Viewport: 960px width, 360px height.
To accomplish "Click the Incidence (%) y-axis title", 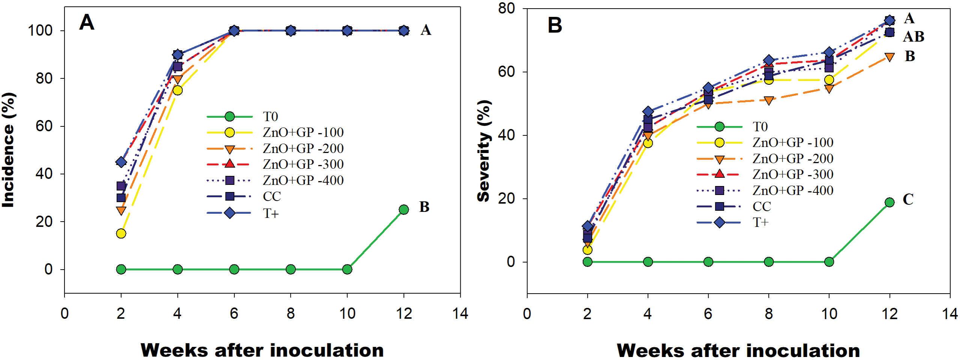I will (8, 150).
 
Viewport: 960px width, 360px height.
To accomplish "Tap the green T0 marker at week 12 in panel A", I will (404, 210).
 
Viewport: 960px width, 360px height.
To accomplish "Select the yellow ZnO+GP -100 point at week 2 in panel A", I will (121, 234).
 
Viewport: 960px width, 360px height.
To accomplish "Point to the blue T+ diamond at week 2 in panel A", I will (121, 162).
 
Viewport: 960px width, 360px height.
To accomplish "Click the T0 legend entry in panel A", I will (270, 117).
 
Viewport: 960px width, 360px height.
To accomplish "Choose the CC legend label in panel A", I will (272, 196).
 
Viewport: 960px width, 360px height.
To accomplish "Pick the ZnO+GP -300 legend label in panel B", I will (793, 174).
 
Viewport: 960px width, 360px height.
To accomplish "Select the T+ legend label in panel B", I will (760, 222).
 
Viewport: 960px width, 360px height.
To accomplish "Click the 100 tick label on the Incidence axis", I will (41, 30).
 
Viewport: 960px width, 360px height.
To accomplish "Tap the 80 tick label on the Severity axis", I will (506, 8).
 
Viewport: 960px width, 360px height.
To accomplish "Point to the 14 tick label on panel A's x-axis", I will (460, 313).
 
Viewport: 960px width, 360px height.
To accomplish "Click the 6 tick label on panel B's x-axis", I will (708, 313).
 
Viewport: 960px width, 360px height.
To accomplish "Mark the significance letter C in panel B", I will (908, 199).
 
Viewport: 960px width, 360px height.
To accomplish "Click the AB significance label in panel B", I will (913, 37).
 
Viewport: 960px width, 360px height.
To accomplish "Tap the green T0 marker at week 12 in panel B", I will (889, 202).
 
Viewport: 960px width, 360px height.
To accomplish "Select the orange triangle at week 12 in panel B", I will (889, 57).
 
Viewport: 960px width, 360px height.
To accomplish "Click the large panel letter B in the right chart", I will (555, 25).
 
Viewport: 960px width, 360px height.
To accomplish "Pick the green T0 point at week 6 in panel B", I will (708, 262).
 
